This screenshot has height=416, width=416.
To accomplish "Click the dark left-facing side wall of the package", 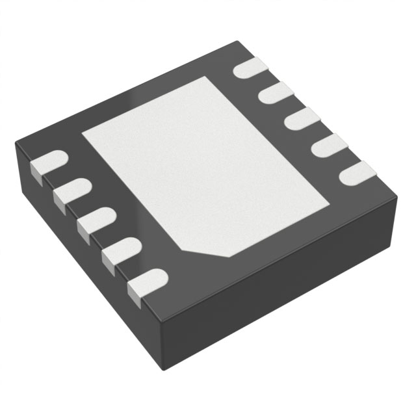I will click(84, 260).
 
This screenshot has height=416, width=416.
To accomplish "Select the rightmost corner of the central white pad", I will click(331, 195).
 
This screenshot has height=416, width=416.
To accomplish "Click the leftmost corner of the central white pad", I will click(81, 134).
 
